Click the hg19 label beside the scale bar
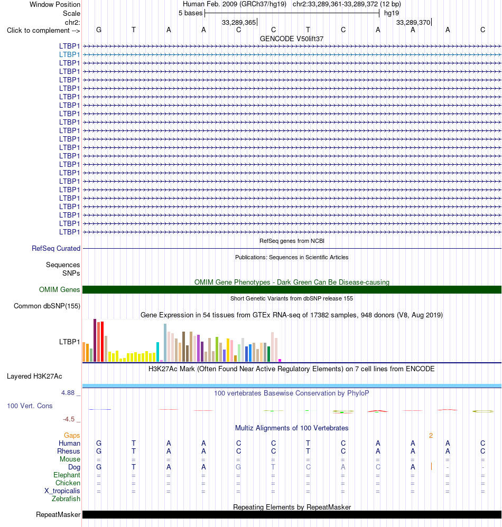pos(392,13)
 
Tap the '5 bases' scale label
pos(190,13)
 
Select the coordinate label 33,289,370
pos(413,23)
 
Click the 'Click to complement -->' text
pos(43,31)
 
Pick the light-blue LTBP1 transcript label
pos(70,54)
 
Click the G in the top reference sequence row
pos(98,30)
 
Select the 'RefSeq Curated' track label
pos(56,248)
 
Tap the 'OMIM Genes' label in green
pos(60,290)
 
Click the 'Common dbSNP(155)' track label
pos(47,306)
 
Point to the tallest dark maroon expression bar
pos(95,340)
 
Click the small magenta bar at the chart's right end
pos(280,360)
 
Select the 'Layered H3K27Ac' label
pos(34,377)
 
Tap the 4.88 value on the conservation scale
pos(68,393)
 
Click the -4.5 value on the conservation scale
pos(69,419)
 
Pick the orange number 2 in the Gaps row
pos(431,436)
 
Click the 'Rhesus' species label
pos(69,451)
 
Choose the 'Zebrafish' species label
pos(66,499)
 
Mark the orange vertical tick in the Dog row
pos(431,466)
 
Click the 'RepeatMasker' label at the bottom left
pos(58,514)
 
